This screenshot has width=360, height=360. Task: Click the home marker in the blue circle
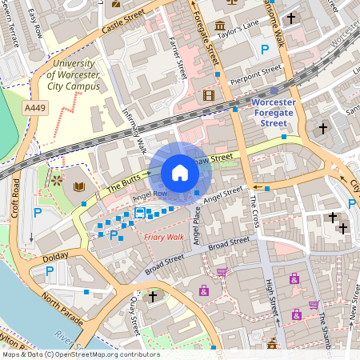tap(180, 173)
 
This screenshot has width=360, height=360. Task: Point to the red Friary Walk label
tap(164, 237)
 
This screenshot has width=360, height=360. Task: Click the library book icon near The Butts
tap(78, 186)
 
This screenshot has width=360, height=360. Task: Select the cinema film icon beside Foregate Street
tap(209, 96)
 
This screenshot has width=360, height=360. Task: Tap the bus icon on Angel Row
tap(140, 213)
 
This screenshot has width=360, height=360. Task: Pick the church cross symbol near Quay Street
tap(153, 297)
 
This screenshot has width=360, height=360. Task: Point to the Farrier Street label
tap(180, 60)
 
